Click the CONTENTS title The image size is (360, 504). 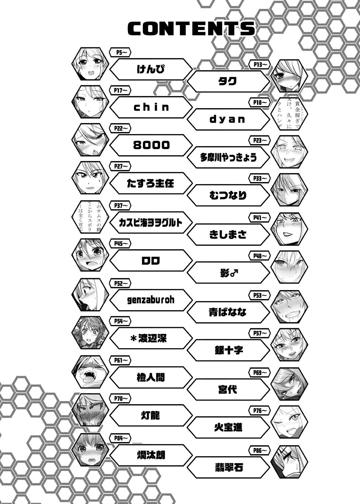[x=191, y=29]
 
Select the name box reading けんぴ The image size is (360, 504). [x=151, y=69]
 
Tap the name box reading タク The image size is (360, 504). [x=228, y=81]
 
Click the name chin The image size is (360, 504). [x=151, y=107]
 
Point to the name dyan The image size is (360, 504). [x=228, y=119]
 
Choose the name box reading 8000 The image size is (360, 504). [x=151, y=145]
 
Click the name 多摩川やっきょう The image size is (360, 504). [x=228, y=157]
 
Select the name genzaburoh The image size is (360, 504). [x=151, y=300]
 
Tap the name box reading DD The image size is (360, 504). [x=151, y=261]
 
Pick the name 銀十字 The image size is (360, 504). [x=228, y=350]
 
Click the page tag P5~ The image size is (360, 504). [x=120, y=52]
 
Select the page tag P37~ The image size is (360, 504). [x=120, y=205]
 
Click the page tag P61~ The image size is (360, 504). [x=120, y=360]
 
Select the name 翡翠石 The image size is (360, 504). [x=228, y=467]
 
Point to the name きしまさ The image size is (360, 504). [x=228, y=234]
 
